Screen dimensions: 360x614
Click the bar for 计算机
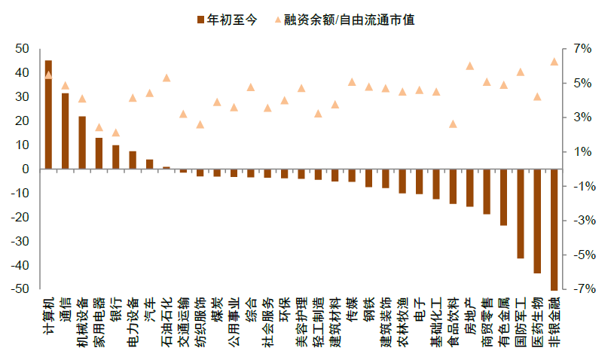(x=48, y=114)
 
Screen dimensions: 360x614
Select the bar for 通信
(x=66, y=131)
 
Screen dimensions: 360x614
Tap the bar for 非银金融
(x=554, y=229)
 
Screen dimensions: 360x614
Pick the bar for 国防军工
(x=521, y=214)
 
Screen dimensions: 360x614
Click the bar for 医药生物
(x=538, y=221)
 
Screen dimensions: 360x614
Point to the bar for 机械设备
(x=82, y=142)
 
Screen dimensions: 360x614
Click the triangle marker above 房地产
(x=470, y=66)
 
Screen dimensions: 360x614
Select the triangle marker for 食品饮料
(x=453, y=124)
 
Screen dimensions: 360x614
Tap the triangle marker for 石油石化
(x=166, y=78)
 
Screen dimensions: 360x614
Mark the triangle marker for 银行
(x=116, y=133)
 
